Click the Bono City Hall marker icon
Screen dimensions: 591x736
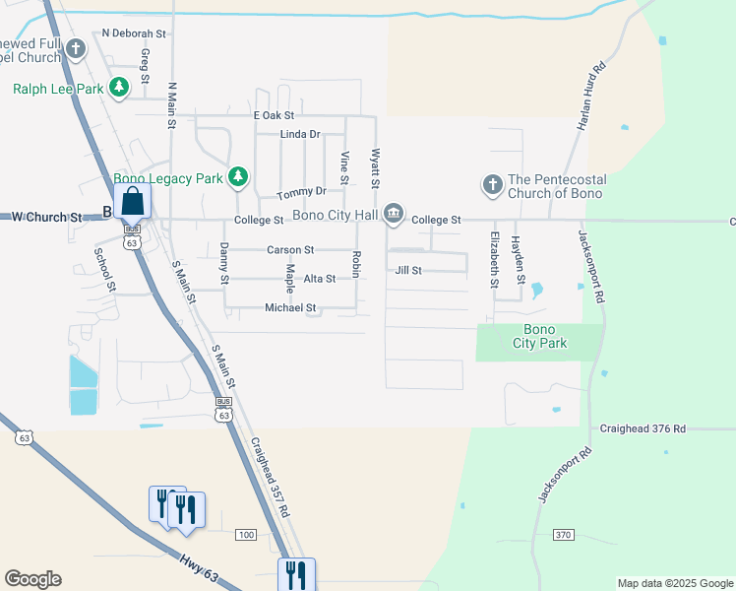pyautogui.click(x=394, y=213)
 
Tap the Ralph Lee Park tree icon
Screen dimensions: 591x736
pyautogui.click(x=119, y=89)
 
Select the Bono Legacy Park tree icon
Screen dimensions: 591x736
pyautogui.click(x=237, y=177)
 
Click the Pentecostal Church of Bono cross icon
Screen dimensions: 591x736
pyautogui.click(x=491, y=185)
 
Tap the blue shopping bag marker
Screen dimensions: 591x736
pyautogui.click(x=132, y=202)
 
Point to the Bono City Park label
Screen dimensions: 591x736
pyautogui.click(x=539, y=337)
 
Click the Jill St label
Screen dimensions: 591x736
pyautogui.click(x=408, y=270)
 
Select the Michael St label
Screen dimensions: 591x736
pyautogui.click(x=290, y=308)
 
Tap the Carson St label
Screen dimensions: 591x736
pyautogui.click(x=290, y=250)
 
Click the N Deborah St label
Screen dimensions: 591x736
pyautogui.click(x=136, y=33)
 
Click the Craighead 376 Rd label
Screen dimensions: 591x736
pyautogui.click(x=642, y=429)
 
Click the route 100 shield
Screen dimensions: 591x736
pyautogui.click(x=245, y=534)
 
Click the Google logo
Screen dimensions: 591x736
pyautogui.click(x=33, y=579)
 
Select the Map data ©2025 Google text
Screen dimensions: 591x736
pyautogui.click(x=675, y=583)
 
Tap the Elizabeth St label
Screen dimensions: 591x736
pyautogui.click(x=495, y=259)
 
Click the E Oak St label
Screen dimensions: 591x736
pyautogui.click(x=274, y=115)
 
